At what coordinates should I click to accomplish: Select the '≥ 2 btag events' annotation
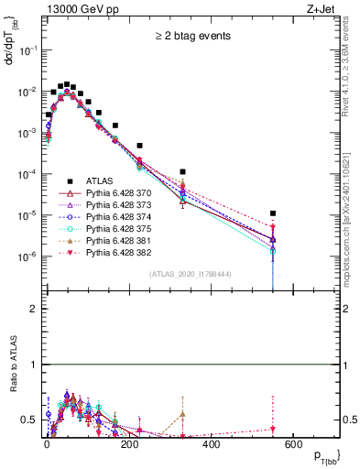point(191,37)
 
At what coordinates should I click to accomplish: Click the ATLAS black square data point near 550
point(273,213)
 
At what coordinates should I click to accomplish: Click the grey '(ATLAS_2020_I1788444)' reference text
point(191,274)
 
